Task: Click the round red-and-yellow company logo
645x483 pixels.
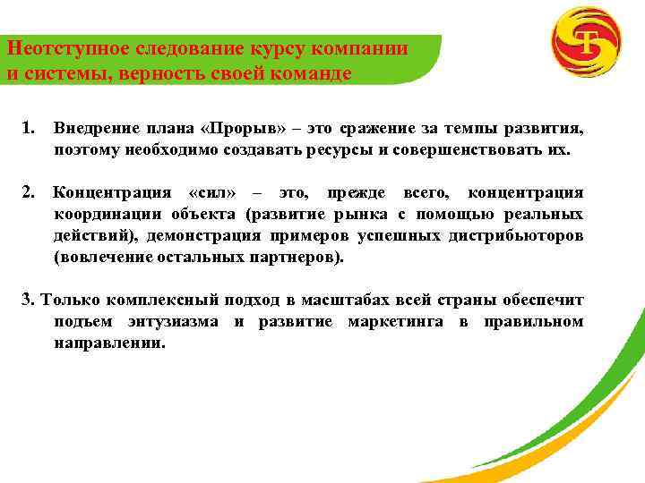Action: tap(586, 42)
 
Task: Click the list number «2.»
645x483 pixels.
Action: tap(29, 192)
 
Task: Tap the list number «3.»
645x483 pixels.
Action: tap(28, 299)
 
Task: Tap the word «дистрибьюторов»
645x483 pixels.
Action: tap(523, 235)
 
